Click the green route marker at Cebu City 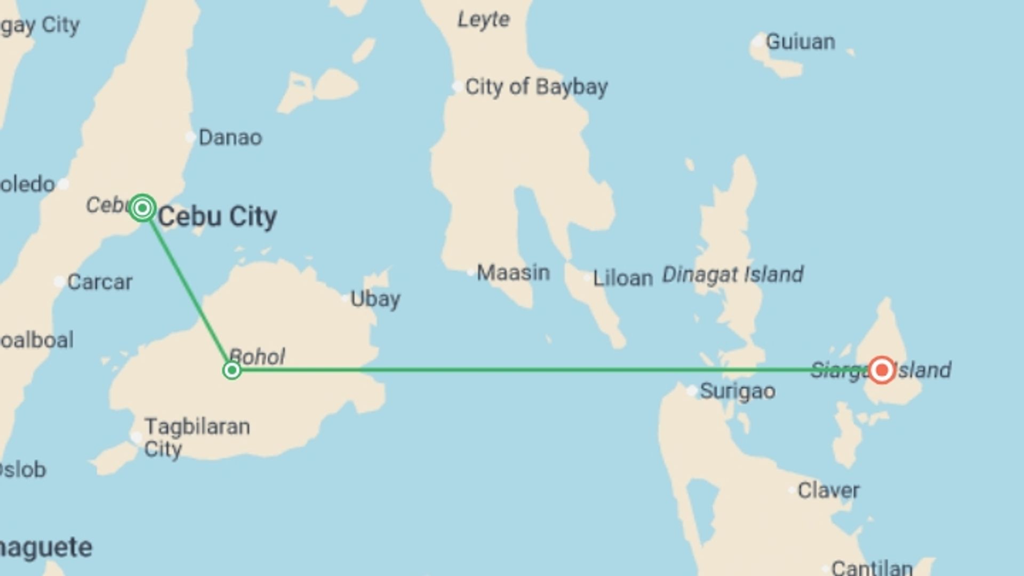point(142,207)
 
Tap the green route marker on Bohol point(232,370)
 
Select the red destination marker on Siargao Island point(882,370)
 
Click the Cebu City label point(217,217)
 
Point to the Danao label point(230,138)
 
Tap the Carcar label point(100,282)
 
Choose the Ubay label point(375,299)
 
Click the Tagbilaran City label point(197,437)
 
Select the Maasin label point(513,273)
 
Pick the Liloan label point(623,278)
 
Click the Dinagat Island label point(732,275)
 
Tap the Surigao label point(737,391)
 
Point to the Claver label point(828,490)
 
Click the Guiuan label point(800,42)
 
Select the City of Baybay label point(536,86)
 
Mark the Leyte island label point(483,20)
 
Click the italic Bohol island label point(257,356)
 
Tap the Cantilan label point(871,567)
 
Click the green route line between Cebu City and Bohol point(187,289)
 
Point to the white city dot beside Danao point(190,137)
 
